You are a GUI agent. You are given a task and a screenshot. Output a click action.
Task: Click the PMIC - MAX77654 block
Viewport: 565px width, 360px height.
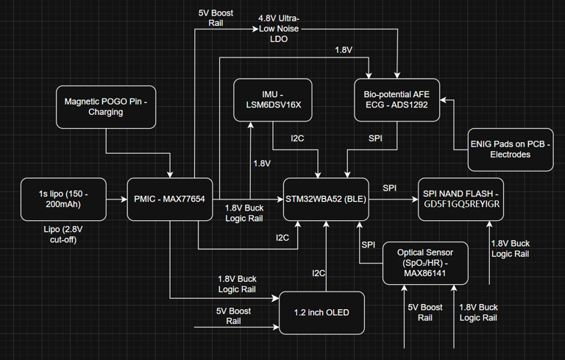[x=169, y=199]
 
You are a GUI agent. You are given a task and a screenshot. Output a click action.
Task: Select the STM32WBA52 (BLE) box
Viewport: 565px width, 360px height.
[x=327, y=199]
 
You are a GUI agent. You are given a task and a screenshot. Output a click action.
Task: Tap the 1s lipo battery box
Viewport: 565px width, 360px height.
[x=64, y=199]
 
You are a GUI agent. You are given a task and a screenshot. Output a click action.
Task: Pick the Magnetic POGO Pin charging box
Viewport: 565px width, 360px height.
[x=104, y=107]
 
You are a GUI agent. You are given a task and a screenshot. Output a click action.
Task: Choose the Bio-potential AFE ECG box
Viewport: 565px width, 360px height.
[x=397, y=102]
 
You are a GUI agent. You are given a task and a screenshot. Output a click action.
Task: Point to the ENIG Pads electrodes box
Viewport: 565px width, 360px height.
[x=511, y=150]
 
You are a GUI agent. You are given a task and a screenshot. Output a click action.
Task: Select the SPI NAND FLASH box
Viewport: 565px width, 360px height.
[x=461, y=199]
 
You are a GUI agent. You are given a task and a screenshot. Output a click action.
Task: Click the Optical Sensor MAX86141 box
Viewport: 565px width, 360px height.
[x=424, y=263]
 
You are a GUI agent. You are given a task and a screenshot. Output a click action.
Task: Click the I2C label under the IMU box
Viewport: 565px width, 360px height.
[x=297, y=138]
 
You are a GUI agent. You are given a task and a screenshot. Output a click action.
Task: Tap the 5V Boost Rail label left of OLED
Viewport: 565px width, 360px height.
[x=234, y=317]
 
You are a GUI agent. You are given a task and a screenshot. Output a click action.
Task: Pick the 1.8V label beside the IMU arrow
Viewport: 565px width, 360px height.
[x=263, y=163]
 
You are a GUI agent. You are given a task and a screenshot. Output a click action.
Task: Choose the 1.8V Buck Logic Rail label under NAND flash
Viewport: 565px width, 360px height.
[x=510, y=248]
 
